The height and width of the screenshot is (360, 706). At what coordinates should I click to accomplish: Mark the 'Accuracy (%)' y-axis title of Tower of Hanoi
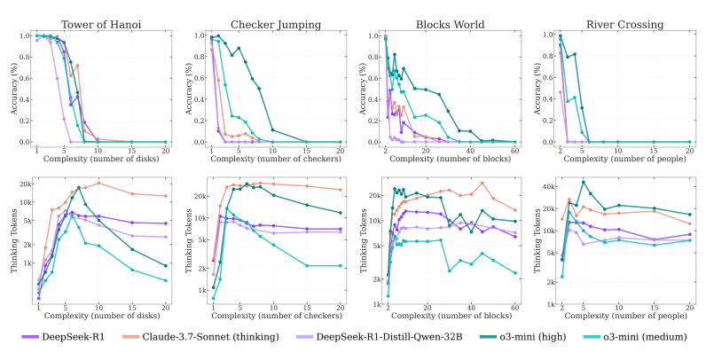click(12, 88)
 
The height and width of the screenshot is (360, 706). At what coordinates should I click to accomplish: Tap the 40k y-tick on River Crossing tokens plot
click(549, 185)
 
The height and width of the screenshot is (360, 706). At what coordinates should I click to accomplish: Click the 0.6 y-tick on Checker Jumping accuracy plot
click(200, 78)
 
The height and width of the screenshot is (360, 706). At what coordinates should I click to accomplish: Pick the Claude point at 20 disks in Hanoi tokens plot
click(166, 196)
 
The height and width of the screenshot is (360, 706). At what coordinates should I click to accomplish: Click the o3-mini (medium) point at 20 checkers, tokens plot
click(340, 265)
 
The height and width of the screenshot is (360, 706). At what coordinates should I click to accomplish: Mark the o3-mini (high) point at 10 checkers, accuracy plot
click(273, 129)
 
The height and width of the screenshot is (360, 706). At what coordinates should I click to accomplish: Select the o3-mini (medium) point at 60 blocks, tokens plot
click(514, 273)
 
